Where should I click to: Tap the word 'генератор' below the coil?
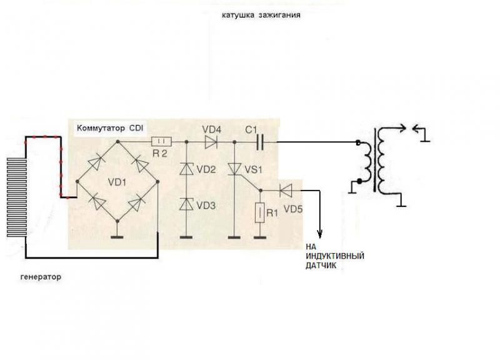41,276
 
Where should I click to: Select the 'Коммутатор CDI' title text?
110,129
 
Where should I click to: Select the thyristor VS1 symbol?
234,169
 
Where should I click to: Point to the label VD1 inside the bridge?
117,184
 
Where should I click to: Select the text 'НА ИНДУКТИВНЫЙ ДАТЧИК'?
335,256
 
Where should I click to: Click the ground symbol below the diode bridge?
117,236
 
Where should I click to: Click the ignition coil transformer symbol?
377,161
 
